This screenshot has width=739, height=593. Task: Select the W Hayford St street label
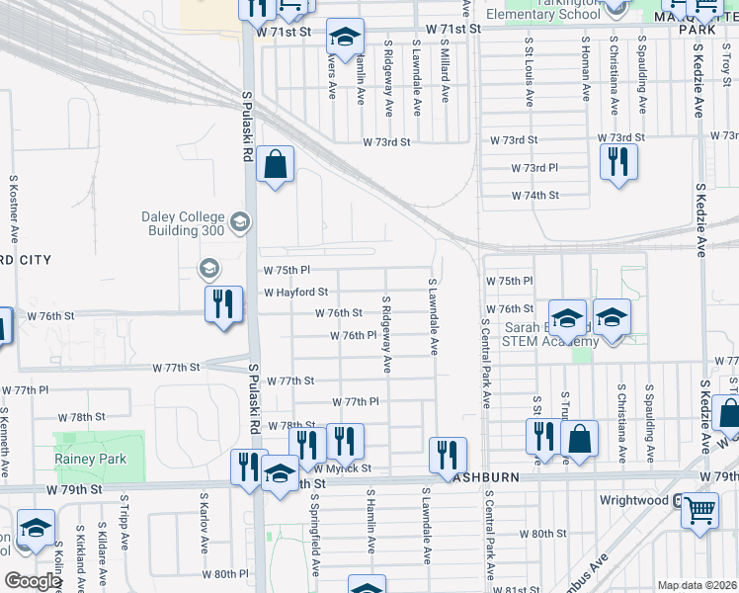pyautogui.click(x=295, y=293)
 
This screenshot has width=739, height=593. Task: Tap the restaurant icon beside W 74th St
pyautogui.click(x=617, y=161)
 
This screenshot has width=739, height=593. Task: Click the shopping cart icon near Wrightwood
pyautogui.click(x=699, y=511)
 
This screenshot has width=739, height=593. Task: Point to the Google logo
pyautogui.click(x=33, y=580)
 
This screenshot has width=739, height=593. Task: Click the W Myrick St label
pyautogui.click(x=342, y=467)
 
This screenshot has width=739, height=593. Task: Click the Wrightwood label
pyautogui.click(x=635, y=500)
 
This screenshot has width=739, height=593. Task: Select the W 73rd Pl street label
pyautogui.click(x=534, y=169)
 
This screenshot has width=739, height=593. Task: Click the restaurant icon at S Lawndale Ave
pyautogui.click(x=448, y=455)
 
